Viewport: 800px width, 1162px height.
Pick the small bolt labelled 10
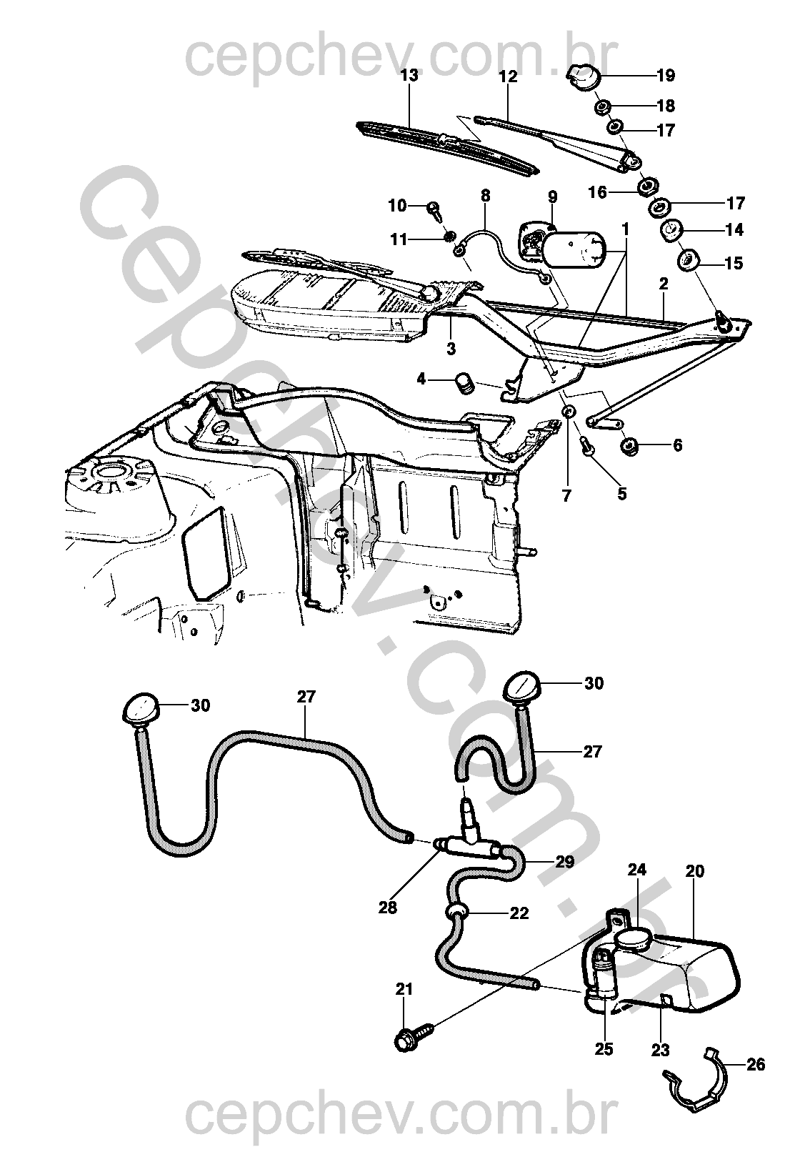(434, 209)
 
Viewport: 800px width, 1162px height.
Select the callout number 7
(567, 495)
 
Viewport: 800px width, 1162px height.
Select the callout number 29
(564, 861)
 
